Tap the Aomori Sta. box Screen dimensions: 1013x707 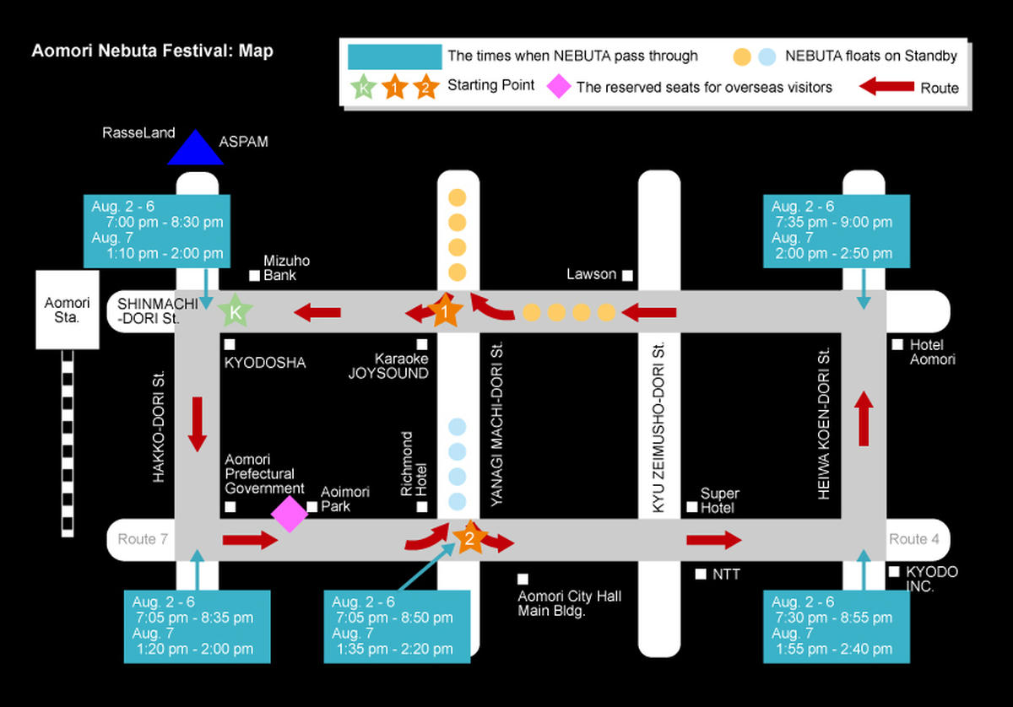pyautogui.click(x=68, y=310)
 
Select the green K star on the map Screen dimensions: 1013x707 pyautogui.click(x=236, y=311)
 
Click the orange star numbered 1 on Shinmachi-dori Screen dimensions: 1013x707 pyautogui.click(x=446, y=310)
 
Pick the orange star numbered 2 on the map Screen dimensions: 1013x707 pyautogui.click(x=470, y=537)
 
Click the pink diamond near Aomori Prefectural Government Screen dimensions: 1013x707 pyautogui.click(x=290, y=514)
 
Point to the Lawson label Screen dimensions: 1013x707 pyautogui.click(x=591, y=274)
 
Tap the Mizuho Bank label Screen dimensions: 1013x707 pyautogui.click(x=286, y=267)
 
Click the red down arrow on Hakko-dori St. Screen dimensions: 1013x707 pyautogui.click(x=198, y=424)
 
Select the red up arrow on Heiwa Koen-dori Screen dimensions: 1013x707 pyautogui.click(x=864, y=418)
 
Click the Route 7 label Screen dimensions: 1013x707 pyautogui.click(x=143, y=539)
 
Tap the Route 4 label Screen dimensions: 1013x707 pyautogui.click(x=914, y=539)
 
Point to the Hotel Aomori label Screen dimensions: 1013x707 pyautogui.click(x=933, y=352)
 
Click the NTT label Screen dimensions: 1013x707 pyautogui.click(x=726, y=574)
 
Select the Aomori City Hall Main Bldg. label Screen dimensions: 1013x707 pyautogui.click(x=569, y=603)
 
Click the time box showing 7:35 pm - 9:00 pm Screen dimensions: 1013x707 pyautogui.click(x=837, y=231)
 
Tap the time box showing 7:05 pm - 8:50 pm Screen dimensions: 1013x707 pyautogui.click(x=397, y=627)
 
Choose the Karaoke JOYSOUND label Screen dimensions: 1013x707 pyautogui.click(x=388, y=365)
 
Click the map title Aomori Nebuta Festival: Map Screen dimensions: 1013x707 pyautogui.click(x=153, y=51)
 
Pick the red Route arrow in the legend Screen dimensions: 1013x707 pyautogui.click(x=886, y=86)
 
